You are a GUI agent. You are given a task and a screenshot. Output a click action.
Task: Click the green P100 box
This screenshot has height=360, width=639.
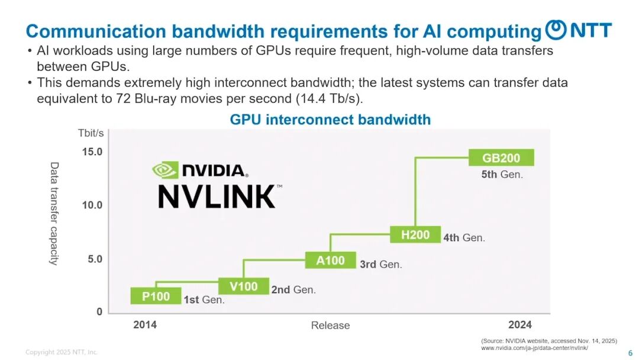click(x=156, y=295)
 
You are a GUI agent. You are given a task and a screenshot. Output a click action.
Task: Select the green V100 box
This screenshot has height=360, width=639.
click(x=244, y=286)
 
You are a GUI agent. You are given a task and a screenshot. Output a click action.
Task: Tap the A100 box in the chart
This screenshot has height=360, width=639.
click(x=331, y=260)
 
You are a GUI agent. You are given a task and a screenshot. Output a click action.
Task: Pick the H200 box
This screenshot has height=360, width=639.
click(x=415, y=234)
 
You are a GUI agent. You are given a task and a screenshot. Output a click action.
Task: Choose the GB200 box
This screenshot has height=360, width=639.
click(x=501, y=157)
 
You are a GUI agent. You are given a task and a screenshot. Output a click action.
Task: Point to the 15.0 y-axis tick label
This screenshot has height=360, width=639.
click(x=92, y=152)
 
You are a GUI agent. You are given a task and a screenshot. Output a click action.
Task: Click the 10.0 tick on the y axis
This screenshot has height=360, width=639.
click(x=92, y=205)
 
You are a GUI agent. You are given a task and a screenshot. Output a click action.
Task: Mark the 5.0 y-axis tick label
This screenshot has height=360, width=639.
click(x=95, y=259)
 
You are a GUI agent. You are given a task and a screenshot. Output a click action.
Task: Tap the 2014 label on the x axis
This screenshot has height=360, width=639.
click(x=145, y=324)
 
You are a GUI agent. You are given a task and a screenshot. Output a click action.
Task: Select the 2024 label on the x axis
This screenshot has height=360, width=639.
click(x=520, y=324)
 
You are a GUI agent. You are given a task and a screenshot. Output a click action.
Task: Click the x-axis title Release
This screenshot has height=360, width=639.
click(x=331, y=325)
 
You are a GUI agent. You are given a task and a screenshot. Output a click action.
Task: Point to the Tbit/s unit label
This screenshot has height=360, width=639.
click(x=91, y=133)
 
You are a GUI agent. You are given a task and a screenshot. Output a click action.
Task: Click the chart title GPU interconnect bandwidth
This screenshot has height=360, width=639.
click(x=330, y=120)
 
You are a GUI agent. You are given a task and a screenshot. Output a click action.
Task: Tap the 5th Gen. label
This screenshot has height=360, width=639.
click(x=502, y=175)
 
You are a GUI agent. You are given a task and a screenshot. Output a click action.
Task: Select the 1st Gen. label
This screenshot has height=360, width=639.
click(x=204, y=300)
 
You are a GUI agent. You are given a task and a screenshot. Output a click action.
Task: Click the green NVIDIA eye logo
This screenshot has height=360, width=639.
click(x=165, y=170)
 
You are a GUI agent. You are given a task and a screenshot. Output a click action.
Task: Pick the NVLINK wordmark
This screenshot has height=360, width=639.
click(x=217, y=197)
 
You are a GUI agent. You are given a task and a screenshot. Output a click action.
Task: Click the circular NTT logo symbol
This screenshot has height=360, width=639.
click(x=556, y=30)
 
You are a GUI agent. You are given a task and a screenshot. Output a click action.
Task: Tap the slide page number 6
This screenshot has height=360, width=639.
click(x=631, y=353)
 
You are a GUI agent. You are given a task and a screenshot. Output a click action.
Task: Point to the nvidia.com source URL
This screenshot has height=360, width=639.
click(x=534, y=348)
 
